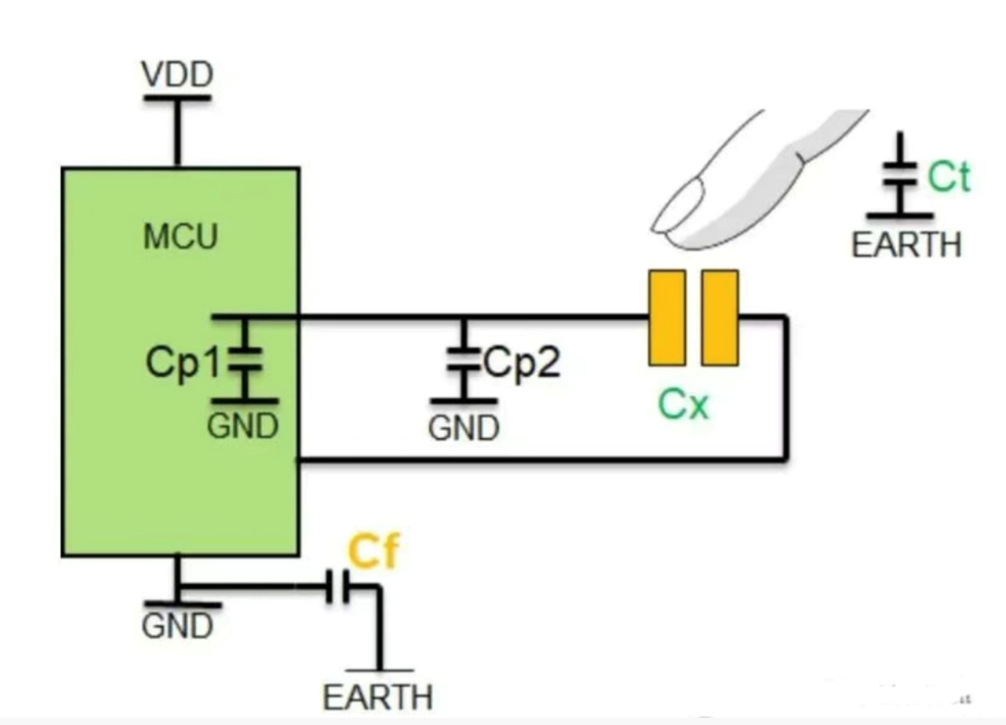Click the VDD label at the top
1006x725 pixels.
point(177,74)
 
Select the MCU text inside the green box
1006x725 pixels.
point(181,237)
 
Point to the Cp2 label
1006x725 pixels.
point(522,362)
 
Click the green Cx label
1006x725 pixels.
point(683,405)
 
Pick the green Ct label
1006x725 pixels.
point(948,177)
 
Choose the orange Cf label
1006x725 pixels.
point(373,551)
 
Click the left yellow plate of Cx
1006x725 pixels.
point(667,317)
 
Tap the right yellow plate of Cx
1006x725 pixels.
point(720,317)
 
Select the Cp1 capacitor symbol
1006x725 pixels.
point(245,361)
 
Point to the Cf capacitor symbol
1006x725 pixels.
point(338,587)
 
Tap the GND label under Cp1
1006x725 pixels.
point(242,427)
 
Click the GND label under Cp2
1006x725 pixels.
point(464,428)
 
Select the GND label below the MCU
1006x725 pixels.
point(177,626)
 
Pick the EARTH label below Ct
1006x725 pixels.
point(906,245)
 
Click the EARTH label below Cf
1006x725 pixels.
point(378,697)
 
